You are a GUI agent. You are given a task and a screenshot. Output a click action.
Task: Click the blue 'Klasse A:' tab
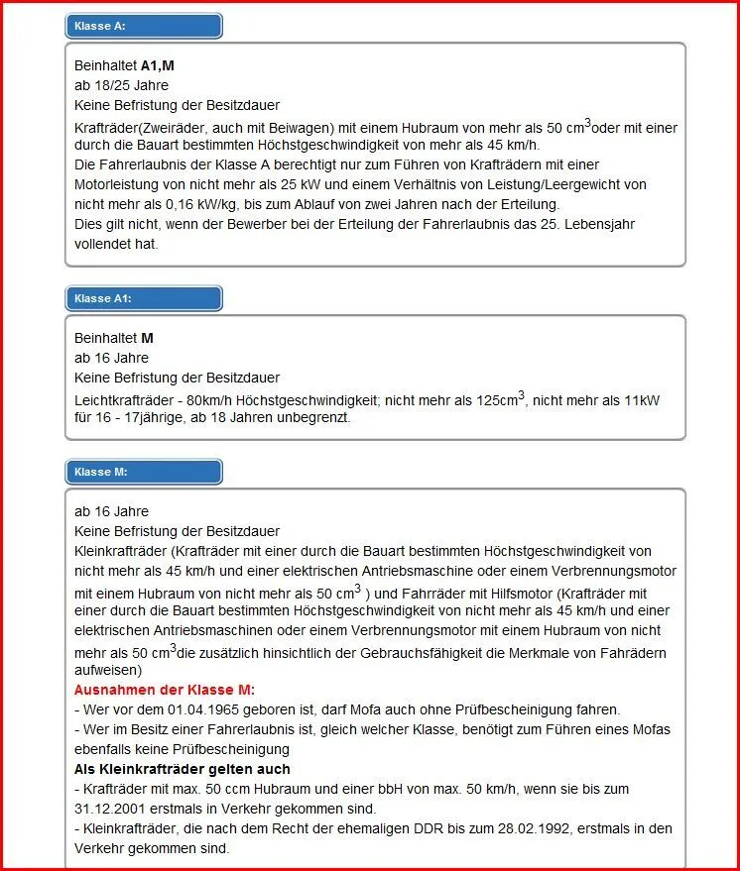tap(143, 26)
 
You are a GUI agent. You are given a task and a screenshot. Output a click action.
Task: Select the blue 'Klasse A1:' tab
tap(143, 298)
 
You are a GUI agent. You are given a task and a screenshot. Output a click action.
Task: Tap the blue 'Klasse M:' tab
tap(143, 472)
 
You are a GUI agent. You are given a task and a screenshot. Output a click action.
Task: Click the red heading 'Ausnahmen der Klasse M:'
tap(164, 690)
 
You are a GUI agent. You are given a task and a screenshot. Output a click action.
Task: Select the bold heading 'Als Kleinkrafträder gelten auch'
tap(183, 769)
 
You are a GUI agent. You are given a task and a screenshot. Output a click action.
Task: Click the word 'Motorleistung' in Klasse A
tap(118, 184)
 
